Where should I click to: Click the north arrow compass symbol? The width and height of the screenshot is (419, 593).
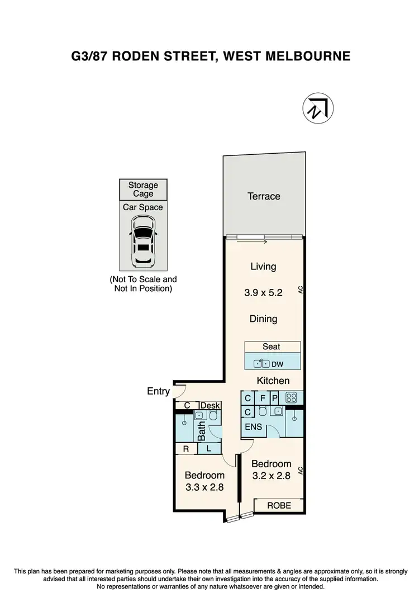318,108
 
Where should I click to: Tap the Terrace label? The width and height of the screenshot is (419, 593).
264,196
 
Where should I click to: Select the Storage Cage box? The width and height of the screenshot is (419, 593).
143,189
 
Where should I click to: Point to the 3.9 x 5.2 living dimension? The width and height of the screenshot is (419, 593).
263,292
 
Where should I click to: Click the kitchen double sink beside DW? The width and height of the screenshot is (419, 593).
263,364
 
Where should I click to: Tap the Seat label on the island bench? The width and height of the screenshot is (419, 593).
272,347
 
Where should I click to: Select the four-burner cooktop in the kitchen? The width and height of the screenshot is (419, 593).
291,399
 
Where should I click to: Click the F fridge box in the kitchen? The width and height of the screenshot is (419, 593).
262,399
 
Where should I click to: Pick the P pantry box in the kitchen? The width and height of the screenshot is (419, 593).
275,399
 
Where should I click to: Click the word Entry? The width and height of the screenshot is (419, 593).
158,391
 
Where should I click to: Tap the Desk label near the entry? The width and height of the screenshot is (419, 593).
210,406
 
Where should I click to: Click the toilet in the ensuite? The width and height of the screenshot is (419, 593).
261,412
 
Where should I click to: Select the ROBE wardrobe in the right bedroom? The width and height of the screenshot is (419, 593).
279,505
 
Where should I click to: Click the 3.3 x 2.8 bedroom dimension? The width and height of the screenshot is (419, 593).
204,486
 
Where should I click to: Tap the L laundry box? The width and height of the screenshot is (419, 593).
208,448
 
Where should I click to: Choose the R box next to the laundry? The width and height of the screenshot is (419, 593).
185,448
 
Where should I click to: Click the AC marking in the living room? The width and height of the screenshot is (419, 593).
300,290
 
